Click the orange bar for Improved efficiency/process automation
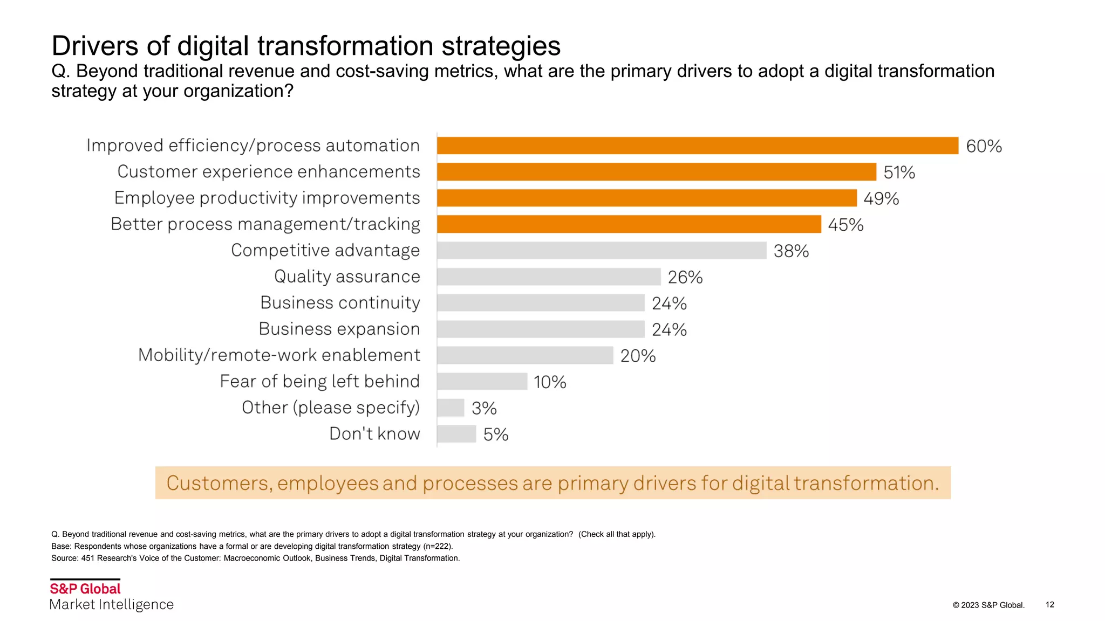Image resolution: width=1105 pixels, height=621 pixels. pyautogui.click(x=697, y=146)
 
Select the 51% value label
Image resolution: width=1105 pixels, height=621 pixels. pyautogui.click(x=899, y=172)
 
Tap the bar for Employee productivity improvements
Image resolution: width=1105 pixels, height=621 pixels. pyautogui.click(x=646, y=198)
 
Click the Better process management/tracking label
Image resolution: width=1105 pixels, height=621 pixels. pyautogui.click(x=265, y=224)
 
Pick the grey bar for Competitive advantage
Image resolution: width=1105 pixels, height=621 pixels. pyautogui.click(x=602, y=250)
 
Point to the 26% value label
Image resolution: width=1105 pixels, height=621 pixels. pyautogui.click(x=685, y=277)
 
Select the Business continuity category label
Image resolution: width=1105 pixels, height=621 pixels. pyautogui.click(x=340, y=303)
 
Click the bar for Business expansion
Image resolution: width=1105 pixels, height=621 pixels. pyautogui.click(x=541, y=329)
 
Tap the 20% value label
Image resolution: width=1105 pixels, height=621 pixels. pyautogui.click(x=638, y=356)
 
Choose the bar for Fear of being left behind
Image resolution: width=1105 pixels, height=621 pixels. pyautogui.click(x=482, y=382)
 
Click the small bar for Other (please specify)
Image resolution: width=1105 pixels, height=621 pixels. pyautogui.click(x=451, y=408)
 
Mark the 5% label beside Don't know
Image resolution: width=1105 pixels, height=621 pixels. pyautogui.click(x=495, y=434)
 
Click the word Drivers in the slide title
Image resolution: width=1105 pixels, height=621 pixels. pyautogui.click(x=95, y=46)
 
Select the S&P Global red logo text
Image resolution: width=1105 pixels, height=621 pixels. pyautogui.click(x=85, y=589)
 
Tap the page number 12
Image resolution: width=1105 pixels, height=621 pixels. pyautogui.click(x=1049, y=604)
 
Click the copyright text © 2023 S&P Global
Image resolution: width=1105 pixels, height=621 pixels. pyautogui.click(x=988, y=605)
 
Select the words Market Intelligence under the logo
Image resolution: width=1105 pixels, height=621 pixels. pyautogui.click(x=111, y=605)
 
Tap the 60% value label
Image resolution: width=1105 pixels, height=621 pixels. pyautogui.click(x=984, y=147)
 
